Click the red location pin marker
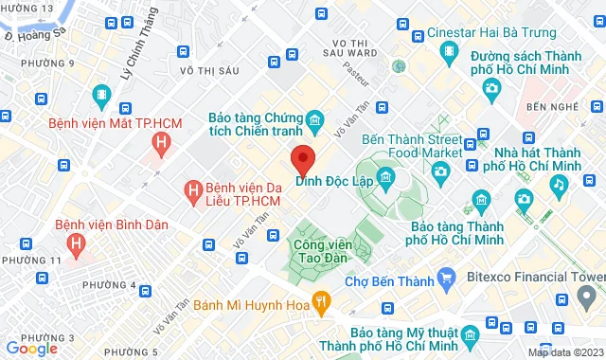coord(303,156)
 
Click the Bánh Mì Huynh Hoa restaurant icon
coord(321,304)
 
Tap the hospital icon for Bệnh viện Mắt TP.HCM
coord(162,143)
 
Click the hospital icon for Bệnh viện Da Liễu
coord(193,193)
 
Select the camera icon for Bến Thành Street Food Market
coord(439,171)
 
